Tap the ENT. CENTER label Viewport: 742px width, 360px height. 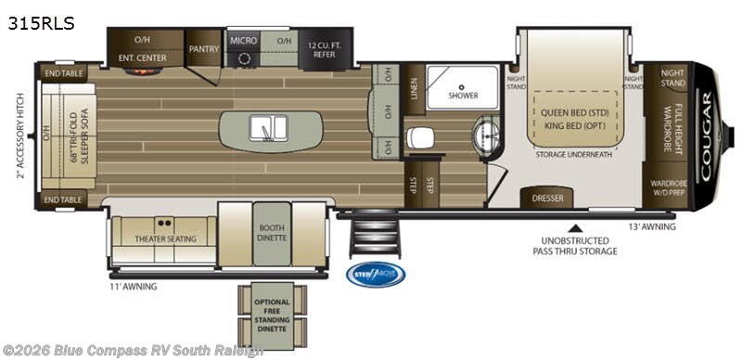[x=141, y=57]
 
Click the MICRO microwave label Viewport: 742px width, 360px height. [x=243, y=41]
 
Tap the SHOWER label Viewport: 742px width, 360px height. [x=463, y=95]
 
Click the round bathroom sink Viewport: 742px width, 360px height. [x=485, y=136]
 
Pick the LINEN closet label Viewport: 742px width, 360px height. [x=413, y=88]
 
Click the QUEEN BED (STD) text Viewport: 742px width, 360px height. [x=574, y=112]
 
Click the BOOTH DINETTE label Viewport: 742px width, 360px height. [x=272, y=232]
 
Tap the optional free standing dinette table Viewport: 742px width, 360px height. [x=272, y=314]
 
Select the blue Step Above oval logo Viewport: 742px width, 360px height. [x=376, y=275]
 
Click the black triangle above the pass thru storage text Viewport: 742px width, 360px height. [x=575, y=225]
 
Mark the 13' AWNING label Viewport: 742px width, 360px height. [x=653, y=226]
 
